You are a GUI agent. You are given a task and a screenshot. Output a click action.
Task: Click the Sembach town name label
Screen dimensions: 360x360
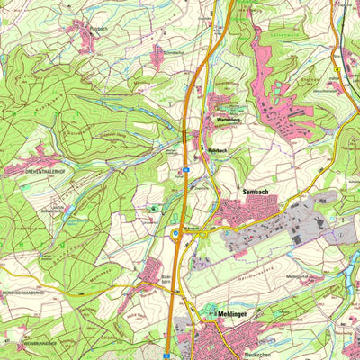pyautogui.click(x=257, y=192)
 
